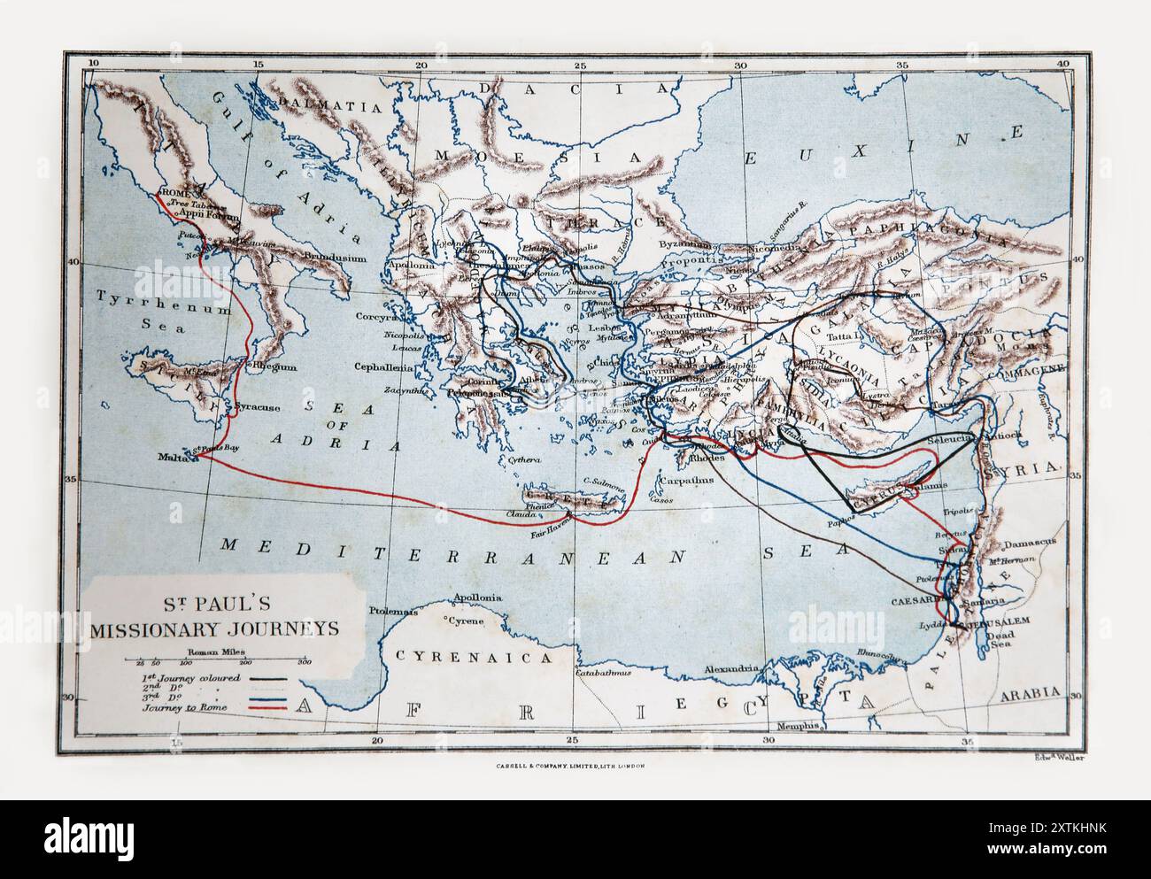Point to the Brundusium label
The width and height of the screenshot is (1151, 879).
click(x=336, y=258)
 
